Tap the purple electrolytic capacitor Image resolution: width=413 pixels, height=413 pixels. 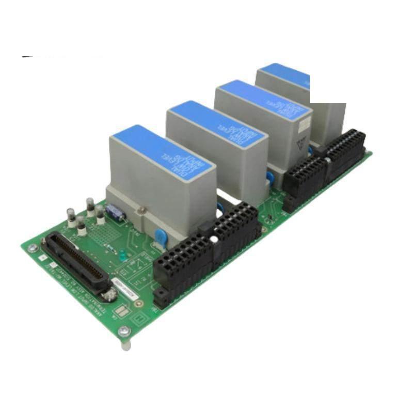coord(114,212)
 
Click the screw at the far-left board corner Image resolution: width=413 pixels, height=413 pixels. coord(33,248)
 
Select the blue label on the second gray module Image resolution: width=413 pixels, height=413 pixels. coord(217,124)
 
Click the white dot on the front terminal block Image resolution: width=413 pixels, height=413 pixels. coord(213,240)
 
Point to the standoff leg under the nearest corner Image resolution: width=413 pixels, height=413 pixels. coord(125,345)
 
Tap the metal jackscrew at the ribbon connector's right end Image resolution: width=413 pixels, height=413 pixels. coord(109,296)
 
